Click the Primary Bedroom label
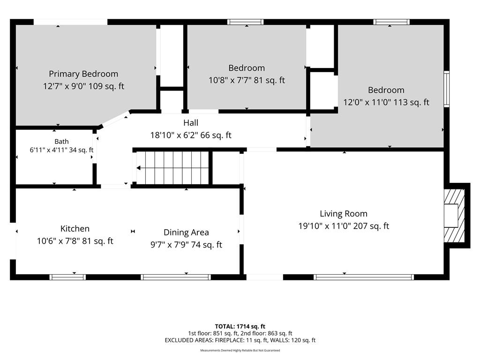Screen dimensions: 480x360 (x=83, y=74)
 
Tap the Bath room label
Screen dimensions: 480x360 (x=61, y=142)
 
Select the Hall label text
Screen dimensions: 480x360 (x=191, y=123)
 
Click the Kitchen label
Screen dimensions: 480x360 (x=75, y=229)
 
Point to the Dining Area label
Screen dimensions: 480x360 (x=186, y=232)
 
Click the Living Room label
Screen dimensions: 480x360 (x=344, y=214)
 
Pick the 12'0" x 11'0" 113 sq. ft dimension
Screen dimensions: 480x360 (x=386, y=102)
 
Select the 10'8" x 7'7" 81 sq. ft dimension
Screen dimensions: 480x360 (x=247, y=80)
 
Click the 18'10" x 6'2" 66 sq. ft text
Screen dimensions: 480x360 (x=191, y=135)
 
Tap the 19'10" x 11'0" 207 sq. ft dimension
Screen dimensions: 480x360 (x=344, y=226)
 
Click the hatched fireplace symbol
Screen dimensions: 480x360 (x=455, y=216)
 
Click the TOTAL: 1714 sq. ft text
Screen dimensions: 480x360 (x=240, y=326)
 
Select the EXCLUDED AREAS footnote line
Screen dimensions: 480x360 (x=240, y=340)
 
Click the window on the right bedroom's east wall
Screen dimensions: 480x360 (x=447, y=89)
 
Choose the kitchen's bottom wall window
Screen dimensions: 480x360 (x=67, y=277)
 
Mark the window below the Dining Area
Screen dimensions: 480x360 (x=176, y=277)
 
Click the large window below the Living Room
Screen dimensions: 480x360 (x=364, y=277)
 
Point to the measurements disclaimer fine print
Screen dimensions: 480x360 (x=240, y=351)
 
